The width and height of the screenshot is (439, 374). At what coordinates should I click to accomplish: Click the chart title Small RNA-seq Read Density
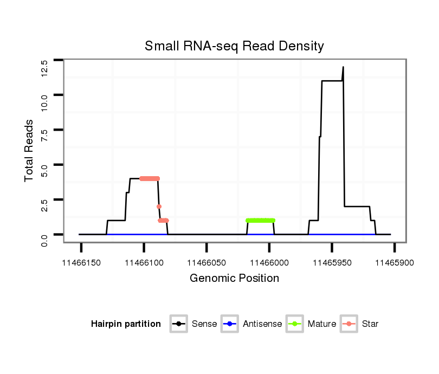point(234,46)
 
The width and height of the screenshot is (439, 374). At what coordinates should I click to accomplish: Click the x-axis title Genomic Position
point(234,279)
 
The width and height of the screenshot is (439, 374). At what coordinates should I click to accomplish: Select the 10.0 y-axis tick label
point(44,102)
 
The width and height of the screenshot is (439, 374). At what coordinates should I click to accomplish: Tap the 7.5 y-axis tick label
point(44,137)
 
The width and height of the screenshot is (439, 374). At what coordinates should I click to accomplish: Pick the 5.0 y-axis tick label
point(44,171)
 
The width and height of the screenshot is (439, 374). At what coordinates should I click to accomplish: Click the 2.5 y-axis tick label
point(44,207)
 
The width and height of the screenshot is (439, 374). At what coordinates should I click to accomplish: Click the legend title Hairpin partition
point(126,324)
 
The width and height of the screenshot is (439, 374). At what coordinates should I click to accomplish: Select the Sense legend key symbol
point(179,324)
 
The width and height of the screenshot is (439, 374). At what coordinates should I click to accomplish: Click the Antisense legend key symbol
point(230,324)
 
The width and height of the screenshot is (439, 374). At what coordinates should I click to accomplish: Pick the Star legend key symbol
point(349,324)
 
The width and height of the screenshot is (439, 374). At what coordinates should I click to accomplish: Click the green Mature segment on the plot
point(260,221)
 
